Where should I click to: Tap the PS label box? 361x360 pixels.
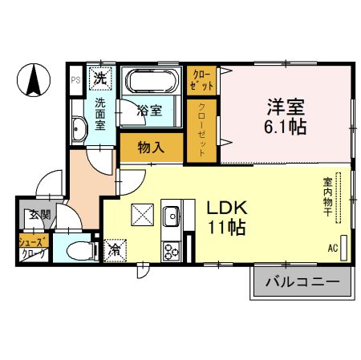click(x=75, y=79)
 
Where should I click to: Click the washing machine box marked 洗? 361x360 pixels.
click(x=100, y=79)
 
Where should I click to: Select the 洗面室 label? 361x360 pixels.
click(x=101, y=112)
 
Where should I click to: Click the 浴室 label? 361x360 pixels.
click(x=150, y=111)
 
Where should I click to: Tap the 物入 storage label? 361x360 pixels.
click(x=150, y=148)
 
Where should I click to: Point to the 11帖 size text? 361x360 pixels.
click(x=226, y=227)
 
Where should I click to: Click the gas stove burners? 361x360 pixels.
click(x=171, y=250)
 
